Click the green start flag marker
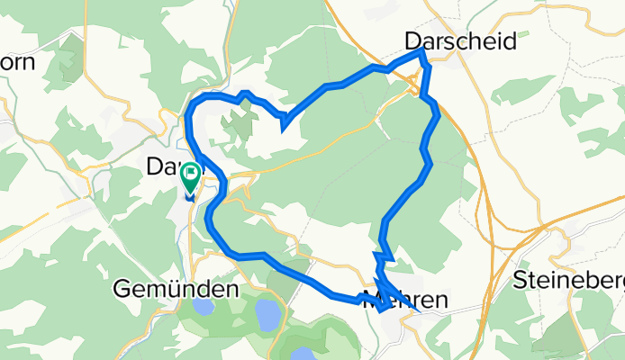191,174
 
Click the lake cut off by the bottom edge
303,354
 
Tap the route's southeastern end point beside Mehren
417,310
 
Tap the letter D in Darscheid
412,41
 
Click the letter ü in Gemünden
167,289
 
